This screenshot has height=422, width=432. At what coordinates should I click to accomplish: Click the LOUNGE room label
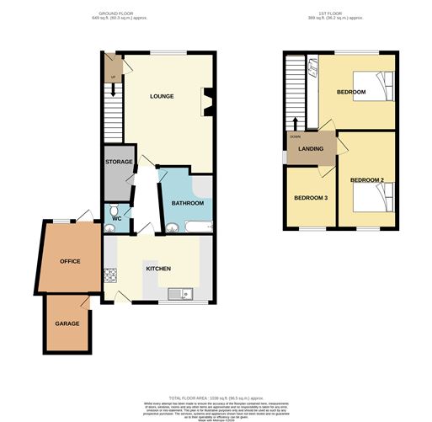point(162,96)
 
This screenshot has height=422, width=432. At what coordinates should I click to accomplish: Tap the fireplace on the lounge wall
point(206,103)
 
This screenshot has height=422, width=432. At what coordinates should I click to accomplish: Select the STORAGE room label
point(118,161)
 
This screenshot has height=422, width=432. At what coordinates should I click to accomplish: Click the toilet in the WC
point(113,211)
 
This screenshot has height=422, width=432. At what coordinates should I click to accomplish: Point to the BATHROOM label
point(187,203)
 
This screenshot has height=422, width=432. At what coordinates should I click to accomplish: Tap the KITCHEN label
point(158,269)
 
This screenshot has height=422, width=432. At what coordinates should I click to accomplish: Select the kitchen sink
point(179,293)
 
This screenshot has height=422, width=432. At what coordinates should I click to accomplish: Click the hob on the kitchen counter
point(108,275)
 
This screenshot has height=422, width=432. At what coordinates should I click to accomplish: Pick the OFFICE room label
point(69,261)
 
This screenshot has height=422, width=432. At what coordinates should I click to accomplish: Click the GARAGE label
point(67,323)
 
